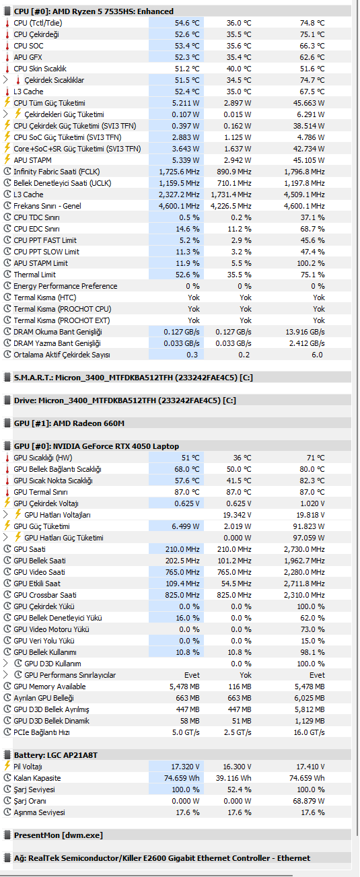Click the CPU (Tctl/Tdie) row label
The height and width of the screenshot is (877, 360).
pyautogui.click(x=38, y=23)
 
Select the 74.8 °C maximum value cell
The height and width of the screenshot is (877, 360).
pyautogui.click(x=312, y=23)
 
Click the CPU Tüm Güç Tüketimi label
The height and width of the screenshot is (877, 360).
pyautogui.click(x=49, y=103)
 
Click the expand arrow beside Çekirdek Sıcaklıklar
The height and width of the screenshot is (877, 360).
pyautogui.click(x=5, y=80)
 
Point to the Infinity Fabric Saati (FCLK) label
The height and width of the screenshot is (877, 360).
pyautogui.click(x=57, y=172)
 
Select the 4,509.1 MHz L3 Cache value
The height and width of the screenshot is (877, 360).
pyautogui.click(x=304, y=195)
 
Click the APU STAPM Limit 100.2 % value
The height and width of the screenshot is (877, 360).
pyautogui.click(x=311, y=263)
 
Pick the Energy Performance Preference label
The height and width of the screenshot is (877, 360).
pyautogui.click(x=65, y=286)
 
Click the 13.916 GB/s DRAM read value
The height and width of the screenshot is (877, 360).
pyautogui.click(x=305, y=332)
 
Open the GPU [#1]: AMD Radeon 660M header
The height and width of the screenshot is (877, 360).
pyautogui.click(x=69, y=423)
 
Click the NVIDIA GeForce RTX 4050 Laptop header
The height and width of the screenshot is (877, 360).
pyautogui.click(x=97, y=446)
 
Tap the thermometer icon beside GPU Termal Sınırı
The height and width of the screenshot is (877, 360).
pyautogui.click(x=7, y=492)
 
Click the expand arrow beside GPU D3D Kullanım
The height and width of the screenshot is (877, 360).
pyautogui.click(x=5, y=663)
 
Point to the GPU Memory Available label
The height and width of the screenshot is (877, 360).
pyautogui.click(x=50, y=687)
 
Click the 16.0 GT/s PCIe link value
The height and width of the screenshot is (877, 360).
pyautogui.click(x=309, y=732)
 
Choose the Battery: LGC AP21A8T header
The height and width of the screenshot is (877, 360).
pyautogui.click(x=56, y=755)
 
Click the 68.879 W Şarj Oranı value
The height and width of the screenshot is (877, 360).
pyautogui.click(x=309, y=801)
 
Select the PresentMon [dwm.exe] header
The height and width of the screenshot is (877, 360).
pyautogui.click(x=59, y=835)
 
